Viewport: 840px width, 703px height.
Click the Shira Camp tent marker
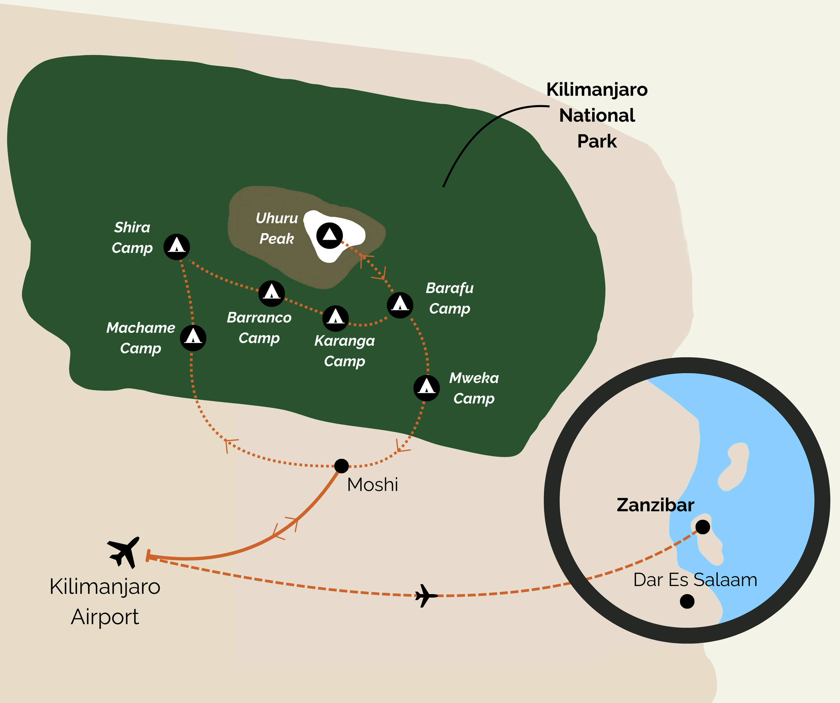(176, 247)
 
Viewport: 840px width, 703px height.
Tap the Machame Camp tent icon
(193, 338)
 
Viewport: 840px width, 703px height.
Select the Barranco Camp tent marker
(271, 294)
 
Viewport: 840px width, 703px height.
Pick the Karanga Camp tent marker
(335, 318)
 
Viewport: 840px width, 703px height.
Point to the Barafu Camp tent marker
(400, 305)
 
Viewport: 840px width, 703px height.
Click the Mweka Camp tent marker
(426, 388)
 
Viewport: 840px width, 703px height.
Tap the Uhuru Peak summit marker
(330, 235)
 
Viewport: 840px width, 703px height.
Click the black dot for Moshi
(341, 466)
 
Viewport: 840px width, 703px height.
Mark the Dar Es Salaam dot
(687, 601)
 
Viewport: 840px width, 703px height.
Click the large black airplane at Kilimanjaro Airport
(124, 552)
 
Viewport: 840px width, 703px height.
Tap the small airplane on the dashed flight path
(426, 596)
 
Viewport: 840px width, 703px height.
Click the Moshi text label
(372, 485)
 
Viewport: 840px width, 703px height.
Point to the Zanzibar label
(655, 505)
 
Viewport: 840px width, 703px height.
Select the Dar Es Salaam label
(695, 580)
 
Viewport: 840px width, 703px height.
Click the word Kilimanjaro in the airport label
(105, 587)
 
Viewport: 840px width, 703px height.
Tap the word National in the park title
(597, 116)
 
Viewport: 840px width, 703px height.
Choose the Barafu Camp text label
(450, 298)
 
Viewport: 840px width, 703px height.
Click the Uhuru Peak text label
(277, 228)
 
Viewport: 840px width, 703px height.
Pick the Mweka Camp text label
(474, 388)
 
